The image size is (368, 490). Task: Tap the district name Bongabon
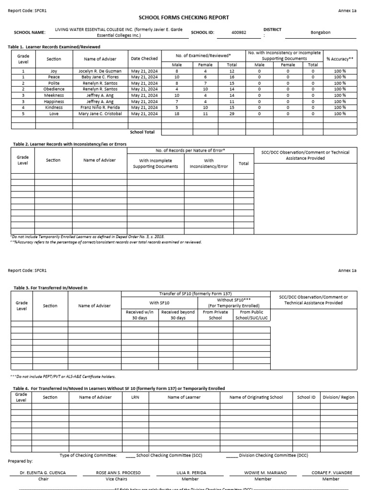321,33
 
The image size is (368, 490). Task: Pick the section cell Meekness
54,95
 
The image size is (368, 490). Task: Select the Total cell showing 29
232,114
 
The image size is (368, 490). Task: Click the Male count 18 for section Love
177,114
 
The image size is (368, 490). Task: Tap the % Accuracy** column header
340,59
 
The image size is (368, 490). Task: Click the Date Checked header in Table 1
144,59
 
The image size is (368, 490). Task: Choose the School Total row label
142,132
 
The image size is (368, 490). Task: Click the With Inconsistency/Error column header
209,164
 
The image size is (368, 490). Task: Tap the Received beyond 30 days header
178,315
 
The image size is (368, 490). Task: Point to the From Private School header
216,315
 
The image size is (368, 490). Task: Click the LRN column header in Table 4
135,397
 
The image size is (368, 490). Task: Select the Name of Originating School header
256,397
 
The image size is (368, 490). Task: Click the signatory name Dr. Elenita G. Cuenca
43,473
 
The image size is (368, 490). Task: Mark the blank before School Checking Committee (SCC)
131,455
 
